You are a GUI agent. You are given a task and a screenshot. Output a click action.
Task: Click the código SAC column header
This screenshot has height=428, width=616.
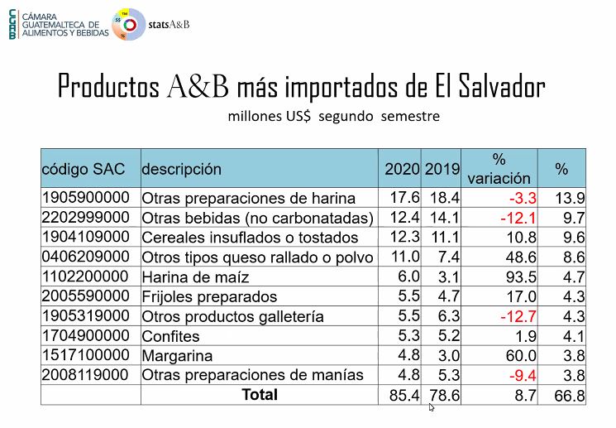point(84,169)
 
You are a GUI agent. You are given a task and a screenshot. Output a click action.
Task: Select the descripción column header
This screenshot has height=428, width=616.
point(182,169)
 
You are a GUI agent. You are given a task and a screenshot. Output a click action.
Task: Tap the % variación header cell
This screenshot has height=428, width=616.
point(499,168)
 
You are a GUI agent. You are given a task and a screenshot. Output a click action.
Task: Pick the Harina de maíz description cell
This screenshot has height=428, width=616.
point(195,277)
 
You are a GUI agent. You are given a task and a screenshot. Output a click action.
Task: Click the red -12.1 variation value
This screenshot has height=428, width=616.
point(519,218)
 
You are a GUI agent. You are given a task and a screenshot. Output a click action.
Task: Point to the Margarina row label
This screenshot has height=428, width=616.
point(177,356)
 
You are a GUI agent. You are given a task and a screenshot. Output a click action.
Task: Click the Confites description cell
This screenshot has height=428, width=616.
point(171,336)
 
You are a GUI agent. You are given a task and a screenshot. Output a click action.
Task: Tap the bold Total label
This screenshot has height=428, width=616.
point(260,395)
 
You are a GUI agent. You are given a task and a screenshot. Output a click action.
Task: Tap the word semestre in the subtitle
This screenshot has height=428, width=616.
point(410,117)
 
